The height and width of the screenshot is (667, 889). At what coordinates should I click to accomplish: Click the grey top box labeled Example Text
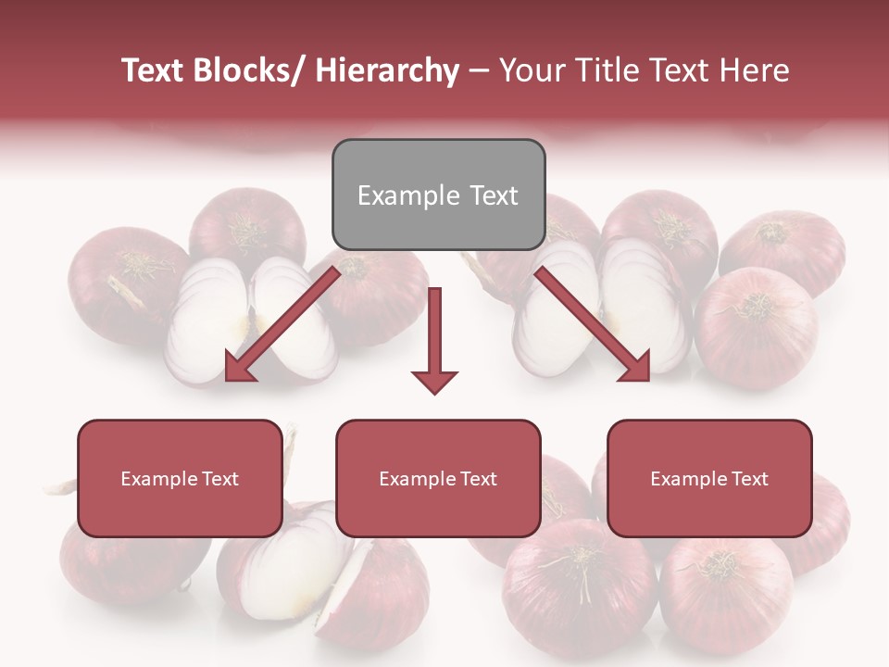point(438,195)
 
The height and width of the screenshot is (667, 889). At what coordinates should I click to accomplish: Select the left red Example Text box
point(180,478)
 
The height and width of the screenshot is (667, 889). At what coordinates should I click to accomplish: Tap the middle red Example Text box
point(438,478)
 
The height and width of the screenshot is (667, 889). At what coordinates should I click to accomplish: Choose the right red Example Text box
point(709,478)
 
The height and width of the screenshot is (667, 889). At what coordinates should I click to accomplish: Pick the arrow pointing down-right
point(593,323)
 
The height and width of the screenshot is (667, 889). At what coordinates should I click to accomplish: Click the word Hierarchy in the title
point(387,70)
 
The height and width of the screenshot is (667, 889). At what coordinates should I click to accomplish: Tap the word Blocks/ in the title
point(248,70)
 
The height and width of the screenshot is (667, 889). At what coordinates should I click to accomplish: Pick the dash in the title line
point(480,70)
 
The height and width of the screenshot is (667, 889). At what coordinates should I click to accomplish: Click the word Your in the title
point(529,70)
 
